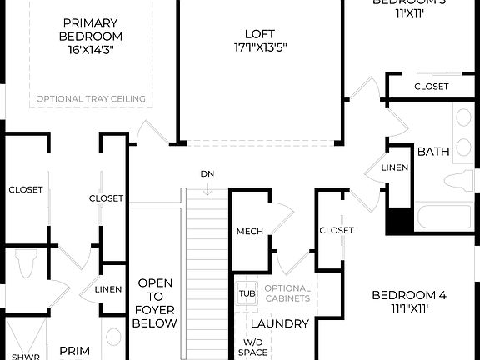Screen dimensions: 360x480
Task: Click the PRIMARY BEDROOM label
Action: (91, 29)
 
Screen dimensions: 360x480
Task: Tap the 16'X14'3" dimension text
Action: (91, 51)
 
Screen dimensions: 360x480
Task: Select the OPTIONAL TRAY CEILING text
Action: (91, 99)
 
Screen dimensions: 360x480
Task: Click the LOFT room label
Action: (259, 34)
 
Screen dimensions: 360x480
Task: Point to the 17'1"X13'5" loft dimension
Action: (259, 48)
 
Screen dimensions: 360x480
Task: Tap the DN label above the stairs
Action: (207, 174)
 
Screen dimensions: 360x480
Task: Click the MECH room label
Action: (250, 232)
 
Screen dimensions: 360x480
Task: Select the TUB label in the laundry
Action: (246, 294)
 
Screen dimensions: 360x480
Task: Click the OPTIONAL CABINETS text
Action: (287, 293)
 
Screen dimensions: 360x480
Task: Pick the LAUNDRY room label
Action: (280, 323)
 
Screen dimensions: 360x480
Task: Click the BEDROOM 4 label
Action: (409, 295)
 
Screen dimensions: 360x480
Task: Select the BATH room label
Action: (433, 152)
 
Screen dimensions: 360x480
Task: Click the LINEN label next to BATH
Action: (394, 167)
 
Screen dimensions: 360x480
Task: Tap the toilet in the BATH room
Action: (459, 181)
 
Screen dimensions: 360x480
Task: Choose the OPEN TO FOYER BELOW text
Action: (156, 302)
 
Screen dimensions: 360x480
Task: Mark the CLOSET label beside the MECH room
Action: (336, 230)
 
